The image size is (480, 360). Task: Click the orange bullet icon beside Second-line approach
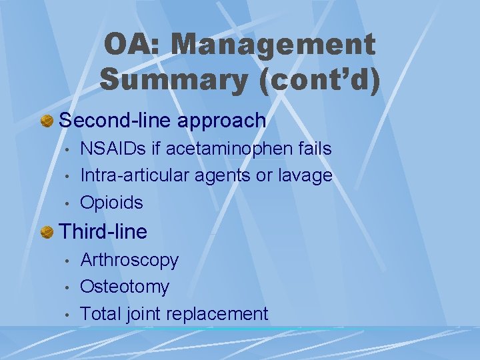pyautogui.click(x=47, y=121)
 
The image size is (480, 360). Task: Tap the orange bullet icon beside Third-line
pyautogui.click(x=47, y=232)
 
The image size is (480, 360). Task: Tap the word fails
pyautogui.click(x=313, y=149)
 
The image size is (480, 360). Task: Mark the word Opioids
pyautogui.click(x=111, y=203)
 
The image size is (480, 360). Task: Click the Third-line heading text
pyautogui.click(x=103, y=232)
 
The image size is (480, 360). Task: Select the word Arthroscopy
pyautogui.click(x=129, y=261)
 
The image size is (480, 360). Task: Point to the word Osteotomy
pyautogui.click(x=125, y=287)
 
